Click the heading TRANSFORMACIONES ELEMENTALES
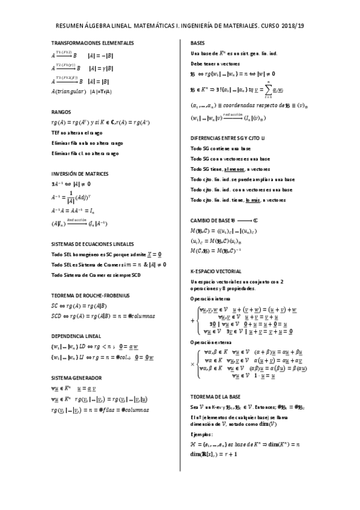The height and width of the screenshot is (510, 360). pos(92,43)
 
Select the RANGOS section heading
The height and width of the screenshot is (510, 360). pos(62,112)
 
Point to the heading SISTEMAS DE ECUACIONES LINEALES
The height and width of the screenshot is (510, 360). pos(93,244)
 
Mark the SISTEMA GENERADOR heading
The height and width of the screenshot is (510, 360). pos(76,378)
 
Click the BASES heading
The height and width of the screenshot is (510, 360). pos(197,43)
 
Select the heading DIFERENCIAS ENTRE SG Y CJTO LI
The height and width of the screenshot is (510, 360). pos(230,137)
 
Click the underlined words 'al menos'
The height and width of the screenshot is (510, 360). pos(234,169)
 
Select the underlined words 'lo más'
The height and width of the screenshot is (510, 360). pos(252,200)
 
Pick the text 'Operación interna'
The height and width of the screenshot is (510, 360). pos(209,299)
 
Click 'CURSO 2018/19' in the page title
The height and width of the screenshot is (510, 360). pos(282,26)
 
